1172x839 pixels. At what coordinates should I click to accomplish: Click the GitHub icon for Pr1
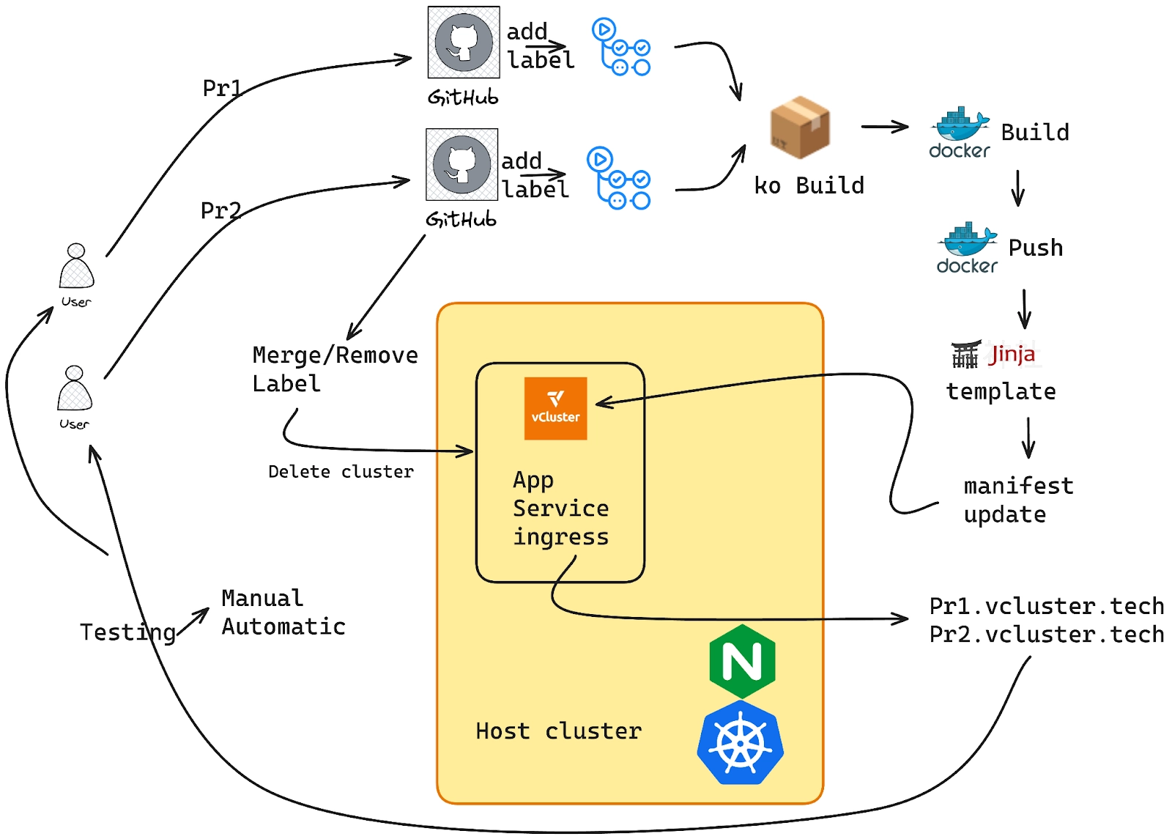464,42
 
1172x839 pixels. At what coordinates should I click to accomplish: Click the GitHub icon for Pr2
461,165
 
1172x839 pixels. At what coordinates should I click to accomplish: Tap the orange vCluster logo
555,408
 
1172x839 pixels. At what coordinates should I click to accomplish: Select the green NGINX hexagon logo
742,662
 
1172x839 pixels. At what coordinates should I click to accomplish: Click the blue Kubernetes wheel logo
741,743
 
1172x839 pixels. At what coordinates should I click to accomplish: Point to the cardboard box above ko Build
800,127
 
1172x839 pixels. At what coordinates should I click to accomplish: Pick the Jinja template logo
994,355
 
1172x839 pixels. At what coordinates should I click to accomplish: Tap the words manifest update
1017,500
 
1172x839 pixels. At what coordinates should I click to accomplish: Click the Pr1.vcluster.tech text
1046,606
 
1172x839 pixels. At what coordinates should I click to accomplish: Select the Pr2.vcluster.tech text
1046,634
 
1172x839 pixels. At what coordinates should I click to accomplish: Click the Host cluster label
558,731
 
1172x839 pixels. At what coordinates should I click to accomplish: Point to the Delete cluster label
341,471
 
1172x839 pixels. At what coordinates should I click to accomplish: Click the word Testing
127,632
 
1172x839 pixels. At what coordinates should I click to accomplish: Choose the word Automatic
283,627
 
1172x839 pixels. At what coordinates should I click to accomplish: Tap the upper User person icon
76,267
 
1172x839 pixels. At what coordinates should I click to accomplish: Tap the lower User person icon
75,389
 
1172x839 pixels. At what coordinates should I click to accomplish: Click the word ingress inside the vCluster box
560,537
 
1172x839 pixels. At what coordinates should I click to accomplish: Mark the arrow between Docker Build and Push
1017,188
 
